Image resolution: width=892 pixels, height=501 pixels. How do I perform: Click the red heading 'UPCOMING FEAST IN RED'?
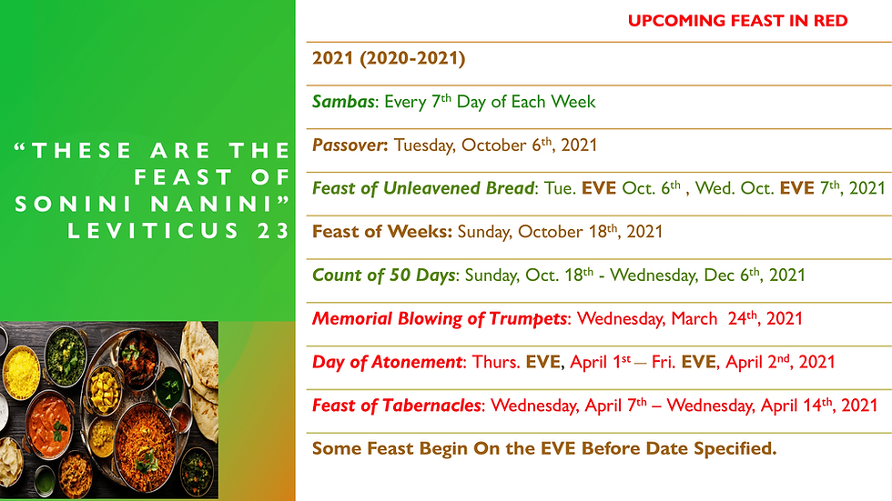(738, 21)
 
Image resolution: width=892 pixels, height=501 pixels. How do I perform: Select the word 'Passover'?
(349, 145)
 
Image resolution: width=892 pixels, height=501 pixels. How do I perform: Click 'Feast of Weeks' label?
(381, 232)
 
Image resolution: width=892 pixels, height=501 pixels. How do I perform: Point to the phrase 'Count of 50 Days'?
(384, 276)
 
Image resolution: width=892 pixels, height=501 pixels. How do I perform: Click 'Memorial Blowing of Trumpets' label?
(439, 318)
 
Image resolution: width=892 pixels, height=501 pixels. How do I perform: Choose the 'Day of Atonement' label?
(388, 363)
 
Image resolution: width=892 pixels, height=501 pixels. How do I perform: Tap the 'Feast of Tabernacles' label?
(397, 406)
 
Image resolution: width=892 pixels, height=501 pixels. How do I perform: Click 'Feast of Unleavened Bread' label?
(423, 188)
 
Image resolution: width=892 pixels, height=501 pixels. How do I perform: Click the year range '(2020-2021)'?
(412, 58)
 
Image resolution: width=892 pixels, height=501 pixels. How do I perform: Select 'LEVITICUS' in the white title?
(154, 231)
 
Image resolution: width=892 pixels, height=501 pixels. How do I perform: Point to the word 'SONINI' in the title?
(74, 204)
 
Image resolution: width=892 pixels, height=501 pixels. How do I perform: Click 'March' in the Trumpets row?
(694, 318)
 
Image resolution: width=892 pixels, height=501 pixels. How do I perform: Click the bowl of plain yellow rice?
(21, 372)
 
